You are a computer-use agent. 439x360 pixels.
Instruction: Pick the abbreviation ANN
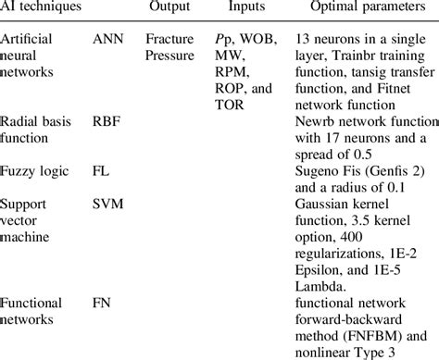[108, 42]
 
